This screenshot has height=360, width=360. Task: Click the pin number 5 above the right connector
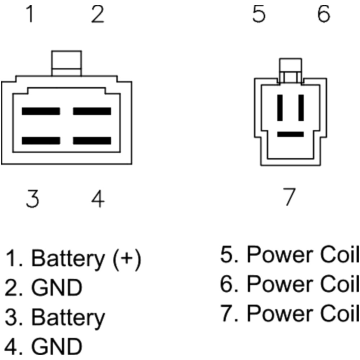point(258,14)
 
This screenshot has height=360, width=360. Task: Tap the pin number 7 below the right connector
point(289,197)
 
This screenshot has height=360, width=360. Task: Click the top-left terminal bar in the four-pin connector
point(41,111)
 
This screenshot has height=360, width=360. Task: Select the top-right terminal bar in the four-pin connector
point(92,111)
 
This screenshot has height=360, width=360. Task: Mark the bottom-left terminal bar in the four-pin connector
point(41,140)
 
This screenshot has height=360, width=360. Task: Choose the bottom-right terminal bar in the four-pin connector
point(92,140)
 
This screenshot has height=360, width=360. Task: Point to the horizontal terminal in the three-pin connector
point(290,134)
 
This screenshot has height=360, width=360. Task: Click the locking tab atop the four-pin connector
point(67,63)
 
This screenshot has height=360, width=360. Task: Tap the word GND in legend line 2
point(57,288)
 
